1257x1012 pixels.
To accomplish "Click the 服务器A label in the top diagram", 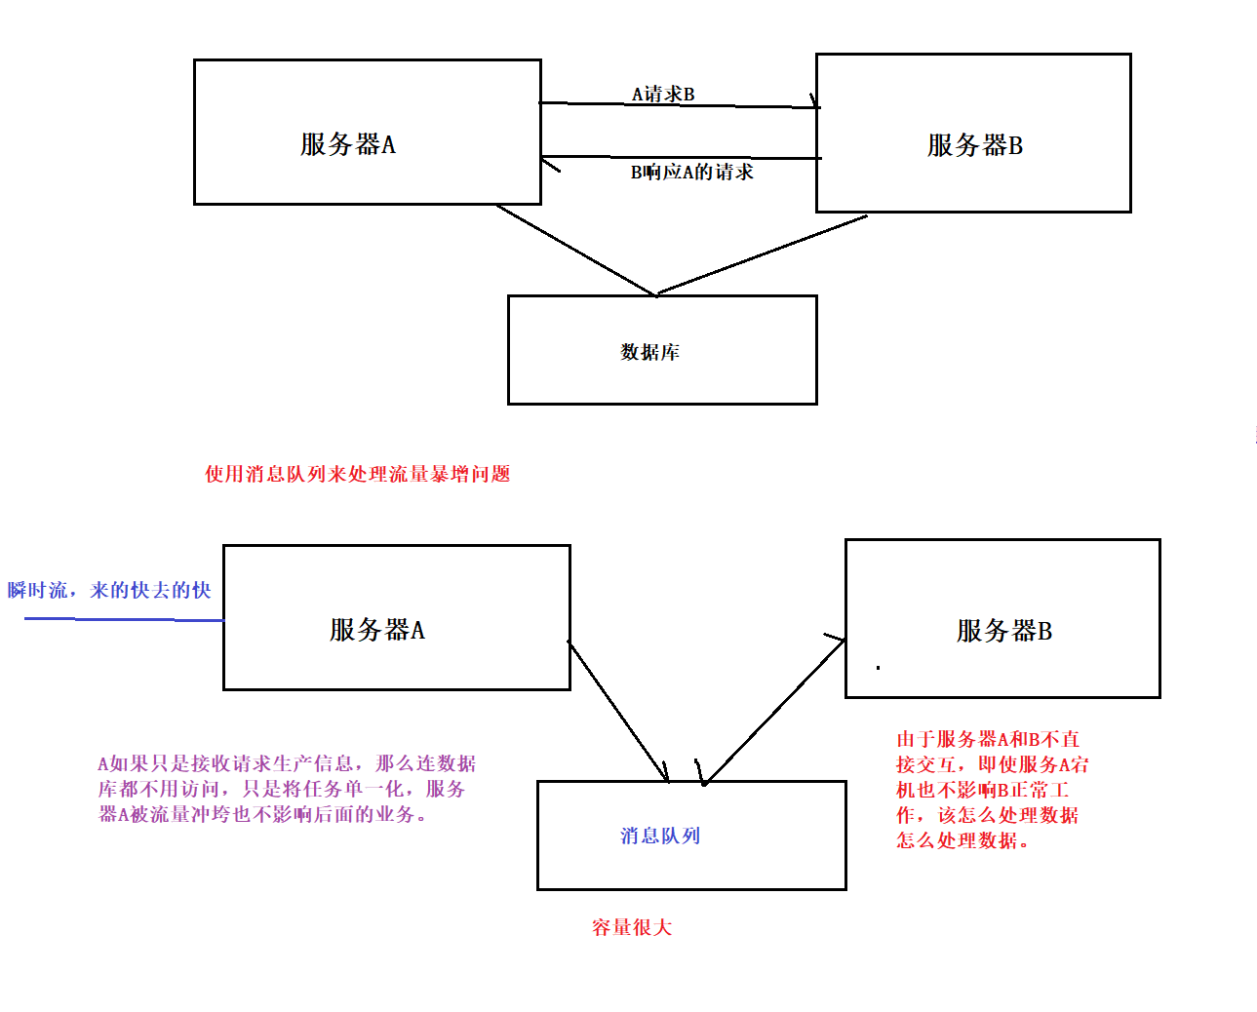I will [348, 144].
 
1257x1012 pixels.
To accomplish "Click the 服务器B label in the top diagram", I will [974, 145].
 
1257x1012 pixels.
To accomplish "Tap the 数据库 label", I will [649, 352].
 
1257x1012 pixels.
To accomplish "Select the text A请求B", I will [663, 94].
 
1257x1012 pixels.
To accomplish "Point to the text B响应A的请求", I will [691, 173].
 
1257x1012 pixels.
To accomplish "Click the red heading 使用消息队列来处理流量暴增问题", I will [357, 474].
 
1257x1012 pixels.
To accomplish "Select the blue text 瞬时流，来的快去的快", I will [109, 590].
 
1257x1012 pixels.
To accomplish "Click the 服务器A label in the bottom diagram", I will [377, 630].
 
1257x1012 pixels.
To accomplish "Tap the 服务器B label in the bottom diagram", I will [1003, 631].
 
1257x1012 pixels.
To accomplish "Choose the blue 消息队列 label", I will [660, 836].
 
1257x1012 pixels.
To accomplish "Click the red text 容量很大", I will [632, 927].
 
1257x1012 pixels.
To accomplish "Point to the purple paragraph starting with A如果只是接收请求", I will [287, 789].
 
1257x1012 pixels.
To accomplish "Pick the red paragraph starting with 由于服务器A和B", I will [991, 790].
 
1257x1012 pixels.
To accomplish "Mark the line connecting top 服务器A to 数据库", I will [575, 250].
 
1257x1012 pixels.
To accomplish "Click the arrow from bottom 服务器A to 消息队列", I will [618, 711].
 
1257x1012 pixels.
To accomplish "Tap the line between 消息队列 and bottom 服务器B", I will [774, 711].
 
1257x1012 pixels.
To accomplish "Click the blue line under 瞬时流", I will [124, 619].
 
